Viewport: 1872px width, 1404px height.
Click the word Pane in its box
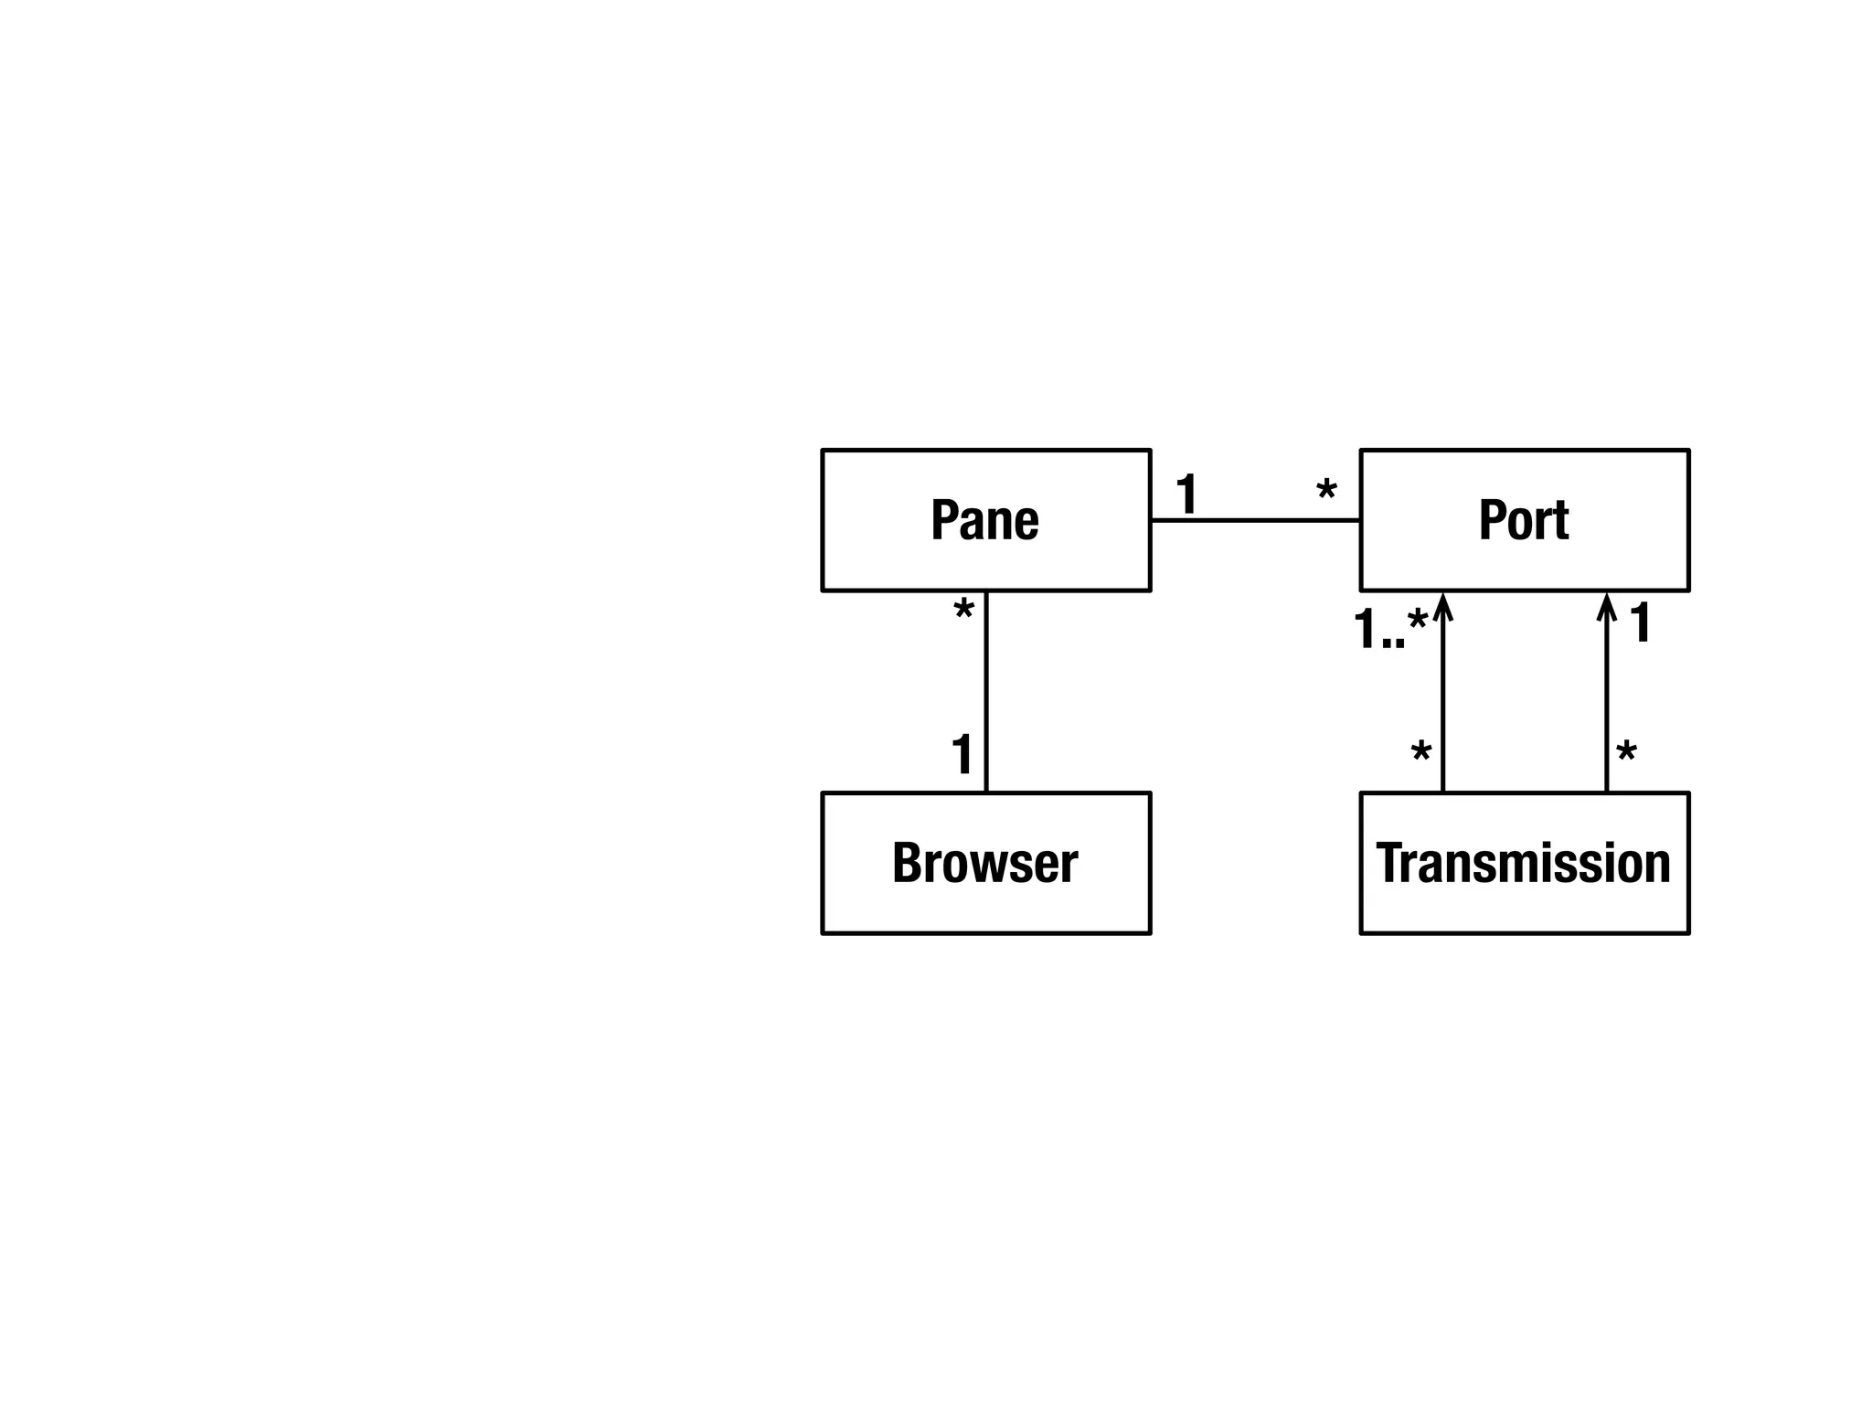coord(984,520)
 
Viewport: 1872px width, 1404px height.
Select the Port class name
coord(1523,520)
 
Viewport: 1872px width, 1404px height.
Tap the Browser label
coord(984,863)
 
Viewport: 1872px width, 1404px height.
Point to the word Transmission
coord(1523,863)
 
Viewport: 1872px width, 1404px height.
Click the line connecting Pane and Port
coord(1254,520)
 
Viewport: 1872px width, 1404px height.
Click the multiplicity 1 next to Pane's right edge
coord(1186,494)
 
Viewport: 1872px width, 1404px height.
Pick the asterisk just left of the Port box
coord(1326,492)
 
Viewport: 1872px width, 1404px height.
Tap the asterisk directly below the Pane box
coord(963,611)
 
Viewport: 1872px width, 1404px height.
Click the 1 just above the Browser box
coord(962,754)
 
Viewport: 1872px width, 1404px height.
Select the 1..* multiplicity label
coord(1389,628)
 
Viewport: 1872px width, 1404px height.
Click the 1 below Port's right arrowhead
coord(1641,622)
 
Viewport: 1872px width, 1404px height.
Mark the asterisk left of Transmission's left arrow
coord(1420,754)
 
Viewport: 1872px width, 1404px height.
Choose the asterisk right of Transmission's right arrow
coord(1626,754)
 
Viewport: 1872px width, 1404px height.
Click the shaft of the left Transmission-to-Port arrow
coord(1443,704)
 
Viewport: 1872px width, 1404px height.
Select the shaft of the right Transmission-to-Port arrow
coord(1606,704)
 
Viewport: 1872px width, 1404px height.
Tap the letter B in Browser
coord(907,863)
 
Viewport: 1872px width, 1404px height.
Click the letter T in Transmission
coord(1389,863)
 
